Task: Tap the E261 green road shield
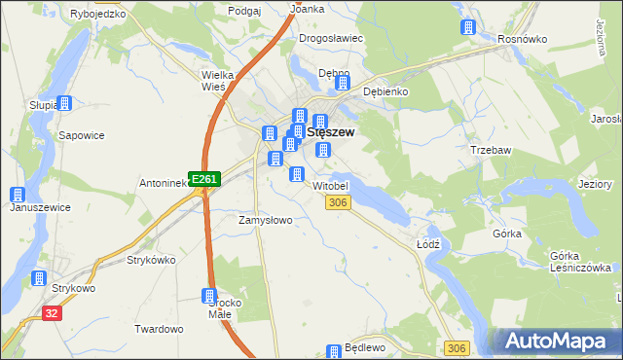click(x=205, y=179)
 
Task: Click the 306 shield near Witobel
click(x=338, y=201)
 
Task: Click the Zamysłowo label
click(x=266, y=220)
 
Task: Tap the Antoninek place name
click(x=163, y=182)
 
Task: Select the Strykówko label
click(x=151, y=260)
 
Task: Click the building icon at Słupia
click(x=64, y=103)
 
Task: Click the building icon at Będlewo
click(x=335, y=350)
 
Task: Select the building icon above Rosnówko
click(x=469, y=26)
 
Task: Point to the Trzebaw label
click(x=492, y=151)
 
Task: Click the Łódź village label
click(x=429, y=244)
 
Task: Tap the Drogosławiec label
click(x=331, y=38)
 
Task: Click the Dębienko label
click(x=385, y=91)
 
